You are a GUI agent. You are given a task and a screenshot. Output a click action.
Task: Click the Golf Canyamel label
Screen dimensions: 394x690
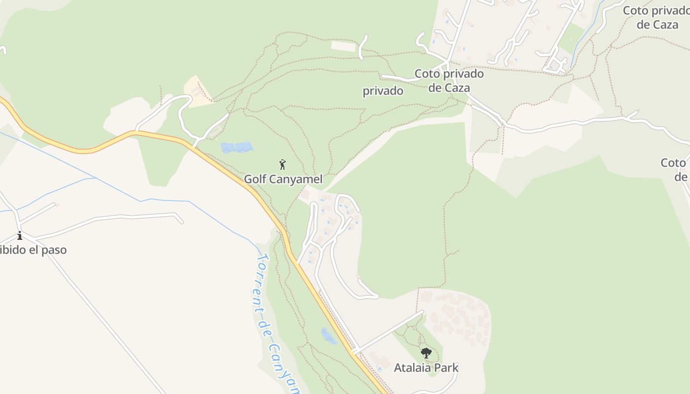pyautogui.click(x=283, y=179)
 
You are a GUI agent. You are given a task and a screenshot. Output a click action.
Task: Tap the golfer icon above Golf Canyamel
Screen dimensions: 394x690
pyautogui.click(x=282, y=164)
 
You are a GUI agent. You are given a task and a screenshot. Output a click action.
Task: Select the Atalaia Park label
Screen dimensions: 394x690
pyautogui.click(x=426, y=367)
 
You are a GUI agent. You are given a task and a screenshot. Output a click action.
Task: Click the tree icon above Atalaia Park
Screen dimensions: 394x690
pyautogui.click(x=426, y=353)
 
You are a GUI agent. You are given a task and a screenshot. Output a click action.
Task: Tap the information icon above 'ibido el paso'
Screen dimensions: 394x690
pyautogui.click(x=20, y=235)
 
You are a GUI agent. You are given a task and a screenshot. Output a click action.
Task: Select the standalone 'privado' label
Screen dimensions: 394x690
pyautogui.click(x=383, y=91)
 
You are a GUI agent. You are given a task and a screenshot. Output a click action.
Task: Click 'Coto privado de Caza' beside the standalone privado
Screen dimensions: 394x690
pyautogui.click(x=449, y=81)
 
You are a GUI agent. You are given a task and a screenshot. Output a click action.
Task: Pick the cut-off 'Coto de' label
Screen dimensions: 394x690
pyautogui.click(x=675, y=169)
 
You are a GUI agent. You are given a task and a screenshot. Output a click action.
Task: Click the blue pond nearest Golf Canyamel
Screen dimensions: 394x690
pyautogui.click(x=237, y=147)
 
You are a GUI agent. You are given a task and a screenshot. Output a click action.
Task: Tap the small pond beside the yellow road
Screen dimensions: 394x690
pyautogui.click(x=328, y=336)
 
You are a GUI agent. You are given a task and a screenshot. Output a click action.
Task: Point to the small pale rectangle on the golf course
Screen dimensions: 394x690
pyautogui.click(x=343, y=46)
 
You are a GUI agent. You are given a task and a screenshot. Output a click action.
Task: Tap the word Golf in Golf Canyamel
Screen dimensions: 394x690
pyautogui.click(x=255, y=179)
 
